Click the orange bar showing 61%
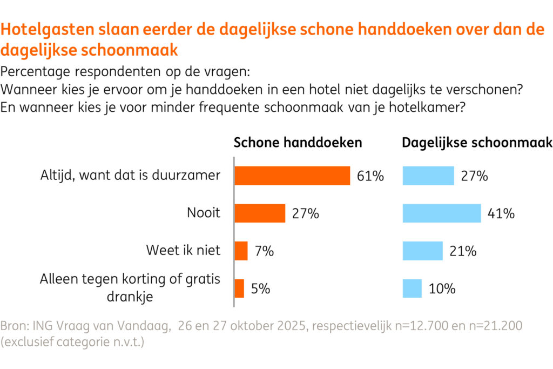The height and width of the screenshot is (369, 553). tap(292, 176)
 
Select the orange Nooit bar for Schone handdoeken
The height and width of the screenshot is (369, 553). tap(260, 213)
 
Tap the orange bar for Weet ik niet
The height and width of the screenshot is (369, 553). tap(241, 251)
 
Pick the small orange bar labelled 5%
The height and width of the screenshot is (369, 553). tap(239, 289)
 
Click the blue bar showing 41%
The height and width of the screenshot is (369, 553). tap(441, 213)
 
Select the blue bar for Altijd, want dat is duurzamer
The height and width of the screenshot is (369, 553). tap(428, 176)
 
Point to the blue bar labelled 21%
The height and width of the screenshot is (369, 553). tap(422, 251)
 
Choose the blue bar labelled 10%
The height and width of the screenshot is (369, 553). tap(412, 289)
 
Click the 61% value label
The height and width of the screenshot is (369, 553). tap(370, 176)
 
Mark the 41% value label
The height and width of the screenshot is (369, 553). tap(501, 213)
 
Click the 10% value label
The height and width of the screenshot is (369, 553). tap(442, 289)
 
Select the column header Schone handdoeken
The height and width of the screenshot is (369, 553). tap(298, 143)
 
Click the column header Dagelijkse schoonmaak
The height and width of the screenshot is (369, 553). tap(477, 143)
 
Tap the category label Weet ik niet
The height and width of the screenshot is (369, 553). tap(183, 251)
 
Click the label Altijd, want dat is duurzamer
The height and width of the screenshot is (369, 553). tap(130, 176)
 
